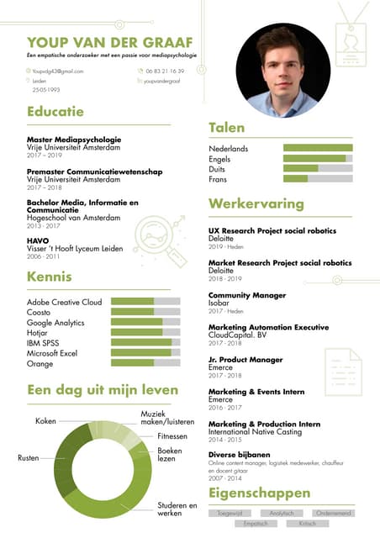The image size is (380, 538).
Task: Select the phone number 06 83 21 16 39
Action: (x=165, y=71)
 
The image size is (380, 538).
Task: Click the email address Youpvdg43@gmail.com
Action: (x=58, y=71)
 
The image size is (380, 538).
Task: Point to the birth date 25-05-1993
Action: (x=46, y=89)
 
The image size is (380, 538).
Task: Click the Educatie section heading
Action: (x=55, y=111)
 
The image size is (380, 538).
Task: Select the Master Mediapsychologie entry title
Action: (x=74, y=140)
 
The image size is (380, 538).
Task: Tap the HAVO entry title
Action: (x=38, y=240)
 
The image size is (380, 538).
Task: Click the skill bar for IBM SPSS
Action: (x=145, y=343)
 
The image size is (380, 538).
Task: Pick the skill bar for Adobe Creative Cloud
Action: (x=145, y=302)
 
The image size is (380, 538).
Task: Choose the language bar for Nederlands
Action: (x=318, y=149)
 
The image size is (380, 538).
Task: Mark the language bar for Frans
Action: (x=318, y=179)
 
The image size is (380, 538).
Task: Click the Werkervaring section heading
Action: (x=256, y=204)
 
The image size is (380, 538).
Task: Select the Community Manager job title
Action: (x=246, y=296)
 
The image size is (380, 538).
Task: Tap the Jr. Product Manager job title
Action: (x=245, y=360)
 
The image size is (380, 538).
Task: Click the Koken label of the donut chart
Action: (x=45, y=420)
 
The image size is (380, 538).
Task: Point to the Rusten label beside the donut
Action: (x=28, y=458)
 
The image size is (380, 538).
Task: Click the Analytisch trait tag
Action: (x=282, y=512)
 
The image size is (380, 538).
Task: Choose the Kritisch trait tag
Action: (x=308, y=523)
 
